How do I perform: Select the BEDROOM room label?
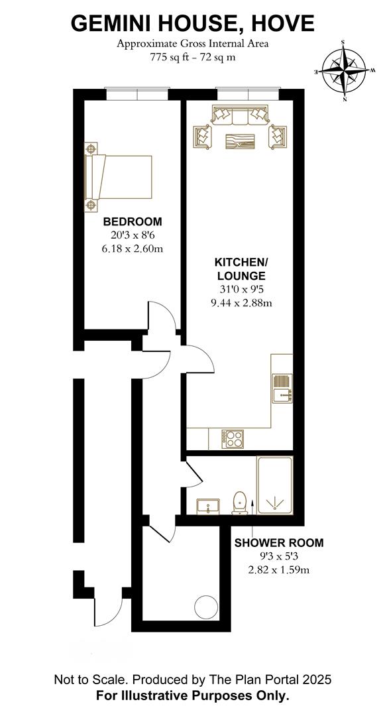pos(133,222)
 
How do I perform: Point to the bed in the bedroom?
pos(118,177)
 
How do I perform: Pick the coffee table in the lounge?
pos(239,141)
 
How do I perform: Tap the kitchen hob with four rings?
pos(233,440)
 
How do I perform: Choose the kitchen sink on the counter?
pos(282,388)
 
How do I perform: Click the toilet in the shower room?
pos(240,503)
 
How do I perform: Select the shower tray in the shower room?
pos(274,485)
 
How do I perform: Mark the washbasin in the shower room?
pos(208,506)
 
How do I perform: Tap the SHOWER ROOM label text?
pos(279,543)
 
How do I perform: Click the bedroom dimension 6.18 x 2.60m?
pos(133,249)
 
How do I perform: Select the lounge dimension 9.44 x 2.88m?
pos(241,303)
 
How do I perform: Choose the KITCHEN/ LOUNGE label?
pos(241,269)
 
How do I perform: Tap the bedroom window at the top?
pos(137,94)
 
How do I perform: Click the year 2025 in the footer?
pos(315,680)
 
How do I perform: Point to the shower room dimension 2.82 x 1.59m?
pos(279,570)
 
